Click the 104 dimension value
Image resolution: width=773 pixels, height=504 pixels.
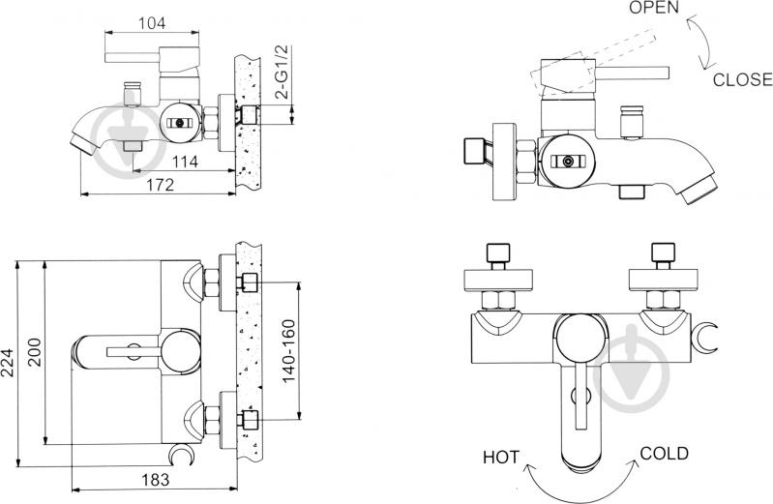152,23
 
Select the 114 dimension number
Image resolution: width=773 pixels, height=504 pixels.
186,162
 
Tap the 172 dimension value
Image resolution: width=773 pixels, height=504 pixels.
161,185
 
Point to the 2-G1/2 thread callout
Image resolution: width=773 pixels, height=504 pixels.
282,72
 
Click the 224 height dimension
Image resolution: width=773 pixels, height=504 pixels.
7,363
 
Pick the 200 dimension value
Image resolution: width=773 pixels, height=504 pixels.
35,351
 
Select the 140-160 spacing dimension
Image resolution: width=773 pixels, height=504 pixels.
288,350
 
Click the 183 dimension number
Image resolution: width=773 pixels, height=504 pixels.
156,480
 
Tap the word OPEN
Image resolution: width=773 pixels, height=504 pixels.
654,8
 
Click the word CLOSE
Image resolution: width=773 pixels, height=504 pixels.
742,79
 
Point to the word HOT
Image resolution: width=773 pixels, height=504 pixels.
501,458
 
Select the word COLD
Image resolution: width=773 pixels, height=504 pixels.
664,453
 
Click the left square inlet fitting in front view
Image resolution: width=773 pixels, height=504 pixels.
497,253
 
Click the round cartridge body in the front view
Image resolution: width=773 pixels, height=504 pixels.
580,341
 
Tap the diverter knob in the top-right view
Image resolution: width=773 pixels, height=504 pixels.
632,120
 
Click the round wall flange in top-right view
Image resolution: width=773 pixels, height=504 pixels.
504,161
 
